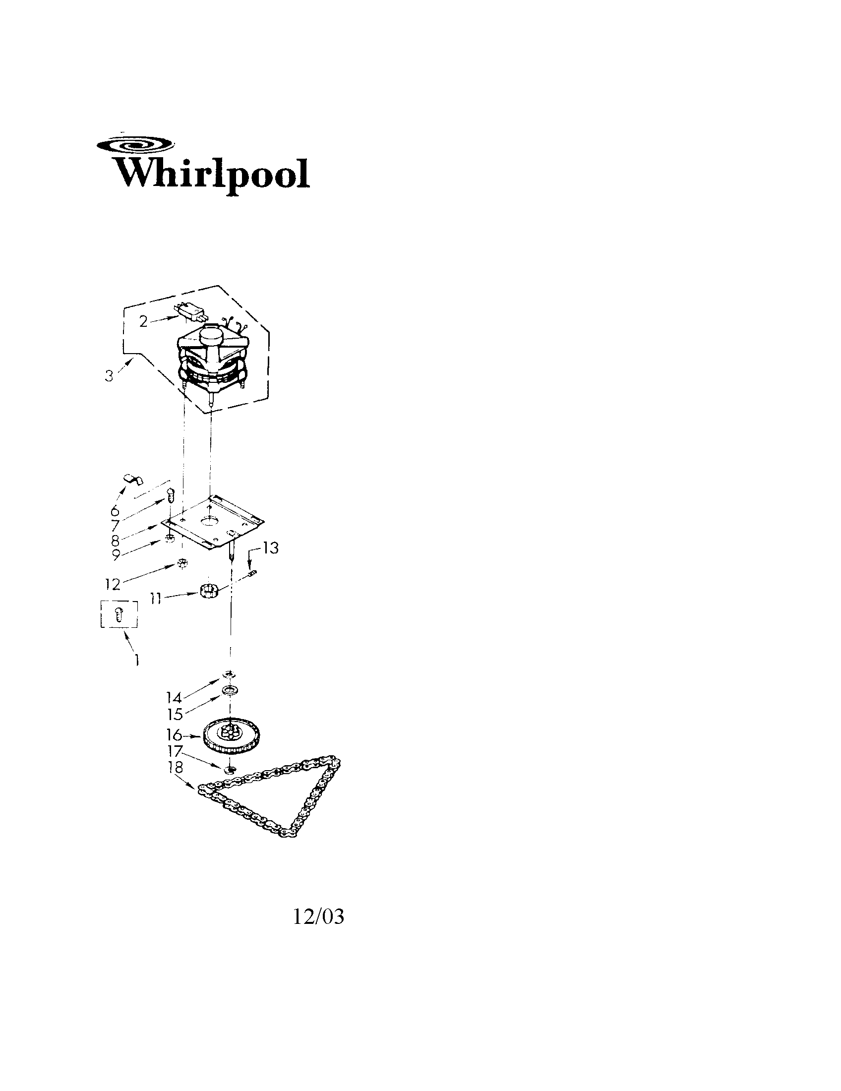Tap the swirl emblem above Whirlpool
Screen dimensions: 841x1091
136,145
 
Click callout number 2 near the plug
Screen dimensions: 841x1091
144,322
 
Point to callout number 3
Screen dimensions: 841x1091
109,376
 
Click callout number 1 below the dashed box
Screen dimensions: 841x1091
135,661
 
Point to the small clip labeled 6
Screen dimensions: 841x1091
133,479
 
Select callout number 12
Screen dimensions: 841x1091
114,585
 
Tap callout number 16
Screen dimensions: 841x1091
174,735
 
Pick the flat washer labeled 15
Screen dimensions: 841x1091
230,691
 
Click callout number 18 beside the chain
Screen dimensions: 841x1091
176,767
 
